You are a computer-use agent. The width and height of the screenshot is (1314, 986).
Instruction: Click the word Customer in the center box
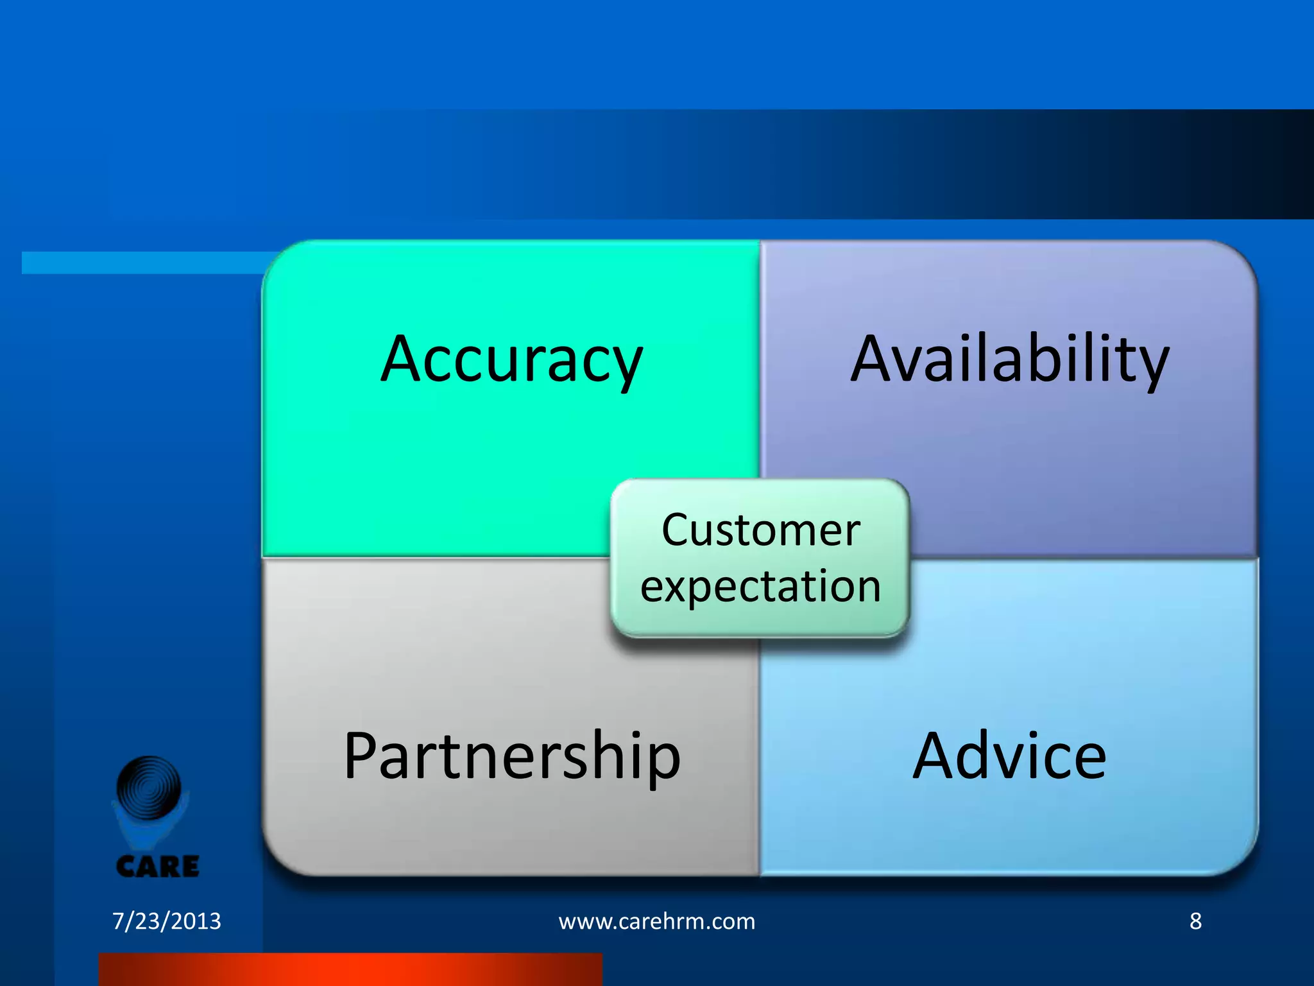[x=760, y=530]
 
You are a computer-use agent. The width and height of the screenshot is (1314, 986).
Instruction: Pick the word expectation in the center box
[x=760, y=586]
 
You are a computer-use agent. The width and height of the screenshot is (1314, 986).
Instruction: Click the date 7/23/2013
[x=167, y=921]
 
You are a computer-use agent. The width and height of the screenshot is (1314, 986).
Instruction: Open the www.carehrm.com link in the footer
[x=657, y=921]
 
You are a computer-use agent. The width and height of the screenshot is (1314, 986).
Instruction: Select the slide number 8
[x=1195, y=921]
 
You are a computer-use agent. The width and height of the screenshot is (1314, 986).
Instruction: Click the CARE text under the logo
[x=158, y=867]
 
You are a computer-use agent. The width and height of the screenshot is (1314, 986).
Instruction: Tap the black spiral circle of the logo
[x=149, y=788]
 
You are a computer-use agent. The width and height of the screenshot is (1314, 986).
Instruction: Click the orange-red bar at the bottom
[x=350, y=969]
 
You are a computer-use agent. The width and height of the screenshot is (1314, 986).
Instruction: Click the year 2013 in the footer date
[x=195, y=921]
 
